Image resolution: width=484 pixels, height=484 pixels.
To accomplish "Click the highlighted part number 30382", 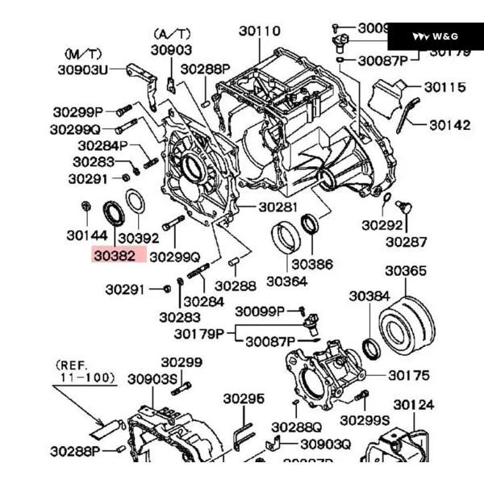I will pyautogui.click(x=115, y=256).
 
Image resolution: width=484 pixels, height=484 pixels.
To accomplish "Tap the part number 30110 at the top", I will pyautogui.click(x=259, y=31).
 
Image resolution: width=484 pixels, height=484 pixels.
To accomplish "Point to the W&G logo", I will pyautogui.click(x=436, y=36).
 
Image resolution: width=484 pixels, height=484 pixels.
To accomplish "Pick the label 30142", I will pyautogui.click(x=449, y=125).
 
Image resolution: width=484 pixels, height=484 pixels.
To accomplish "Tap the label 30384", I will pyautogui.click(x=369, y=296).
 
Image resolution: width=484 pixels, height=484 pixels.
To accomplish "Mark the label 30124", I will pyautogui.click(x=414, y=404).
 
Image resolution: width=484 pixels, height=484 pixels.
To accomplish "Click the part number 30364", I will pyautogui.click(x=286, y=282).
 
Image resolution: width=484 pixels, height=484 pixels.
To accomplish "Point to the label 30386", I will pyautogui.click(x=312, y=264).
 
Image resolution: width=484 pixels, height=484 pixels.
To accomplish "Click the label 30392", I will pyautogui.click(x=138, y=238).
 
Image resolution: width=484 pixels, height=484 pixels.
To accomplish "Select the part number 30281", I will pyautogui.click(x=278, y=207).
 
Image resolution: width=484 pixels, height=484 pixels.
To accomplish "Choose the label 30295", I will pyautogui.click(x=244, y=398).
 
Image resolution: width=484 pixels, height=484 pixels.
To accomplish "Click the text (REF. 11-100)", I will pyautogui.click(x=86, y=370).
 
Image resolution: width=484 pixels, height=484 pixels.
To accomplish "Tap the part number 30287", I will pyautogui.click(x=406, y=240).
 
